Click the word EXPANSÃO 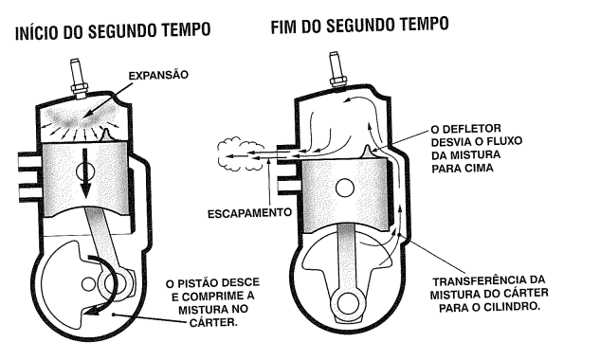coord(158,76)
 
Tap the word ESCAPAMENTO coord(249,213)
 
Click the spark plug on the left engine coord(78,80)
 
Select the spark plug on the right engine coord(337,71)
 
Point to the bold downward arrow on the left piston coord(85,172)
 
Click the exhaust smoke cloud coord(241,156)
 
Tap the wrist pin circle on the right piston coord(345,188)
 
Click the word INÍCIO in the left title coord(37,33)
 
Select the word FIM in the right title coord(284,27)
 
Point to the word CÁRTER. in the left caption coord(213,322)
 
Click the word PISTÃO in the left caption coord(202,283)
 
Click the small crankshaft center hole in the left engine coord(89,283)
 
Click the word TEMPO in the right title coord(425,24)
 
